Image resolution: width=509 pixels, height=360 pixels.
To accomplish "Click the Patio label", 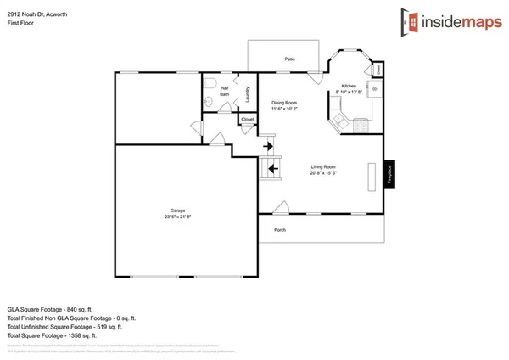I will (x=289, y=59).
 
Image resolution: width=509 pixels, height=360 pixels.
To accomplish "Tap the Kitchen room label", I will (x=348, y=87).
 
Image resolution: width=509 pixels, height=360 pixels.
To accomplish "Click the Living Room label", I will (x=323, y=166).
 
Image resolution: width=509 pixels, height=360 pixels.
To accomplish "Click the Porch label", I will (x=279, y=230).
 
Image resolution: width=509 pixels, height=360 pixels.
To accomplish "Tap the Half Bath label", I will (x=225, y=91).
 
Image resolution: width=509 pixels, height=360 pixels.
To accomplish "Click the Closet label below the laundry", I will (x=247, y=120).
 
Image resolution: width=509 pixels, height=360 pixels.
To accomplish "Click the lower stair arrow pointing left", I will (x=272, y=167).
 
